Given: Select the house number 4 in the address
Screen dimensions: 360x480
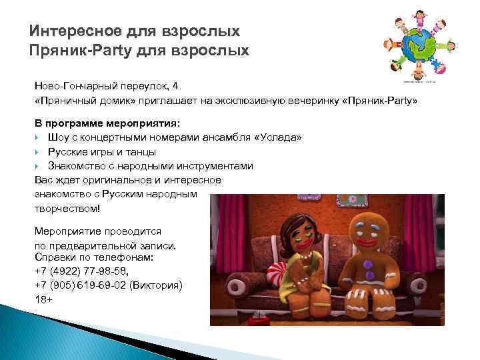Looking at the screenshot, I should [x=175, y=85].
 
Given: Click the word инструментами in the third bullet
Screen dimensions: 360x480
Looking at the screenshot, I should [x=215, y=166].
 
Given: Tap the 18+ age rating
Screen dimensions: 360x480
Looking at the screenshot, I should [x=43, y=300].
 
